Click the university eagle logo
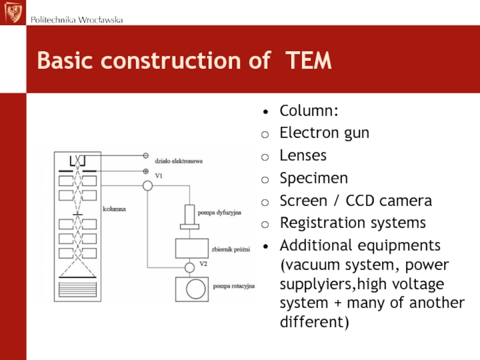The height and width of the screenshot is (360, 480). click(13, 12)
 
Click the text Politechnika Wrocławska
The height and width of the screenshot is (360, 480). click(77, 20)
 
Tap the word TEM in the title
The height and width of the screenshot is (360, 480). click(308, 61)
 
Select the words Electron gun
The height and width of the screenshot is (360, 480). click(325, 133)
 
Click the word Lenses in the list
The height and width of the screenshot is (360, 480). click(303, 155)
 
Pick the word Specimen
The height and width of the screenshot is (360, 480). click(314, 178)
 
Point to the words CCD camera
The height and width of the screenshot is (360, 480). click(389, 201)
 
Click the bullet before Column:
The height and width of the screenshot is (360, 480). click(265, 112)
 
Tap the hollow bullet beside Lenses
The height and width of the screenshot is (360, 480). click(265, 157)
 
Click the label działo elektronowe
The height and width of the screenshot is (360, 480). click(179, 161)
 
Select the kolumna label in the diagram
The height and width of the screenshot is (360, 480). click(114, 209)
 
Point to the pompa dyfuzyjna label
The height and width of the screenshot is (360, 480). click(220, 212)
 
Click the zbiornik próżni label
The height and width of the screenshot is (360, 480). click(231, 250)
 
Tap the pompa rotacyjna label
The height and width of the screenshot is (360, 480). click(234, 286)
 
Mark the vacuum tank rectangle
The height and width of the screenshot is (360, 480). click(192, 248)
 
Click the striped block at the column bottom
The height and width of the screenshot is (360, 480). click(77, 289)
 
